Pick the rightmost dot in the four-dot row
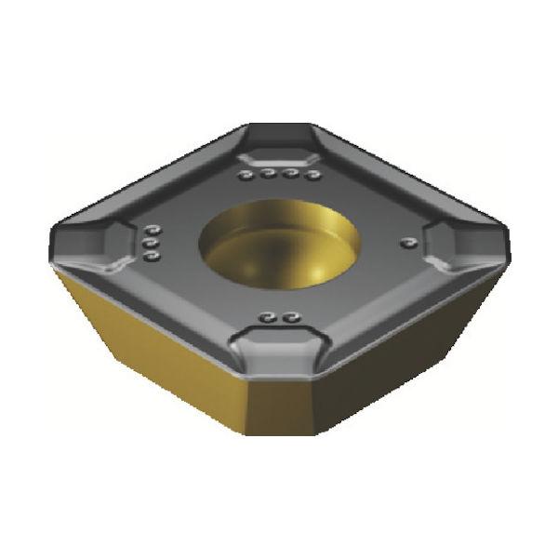tap(313, 174)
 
